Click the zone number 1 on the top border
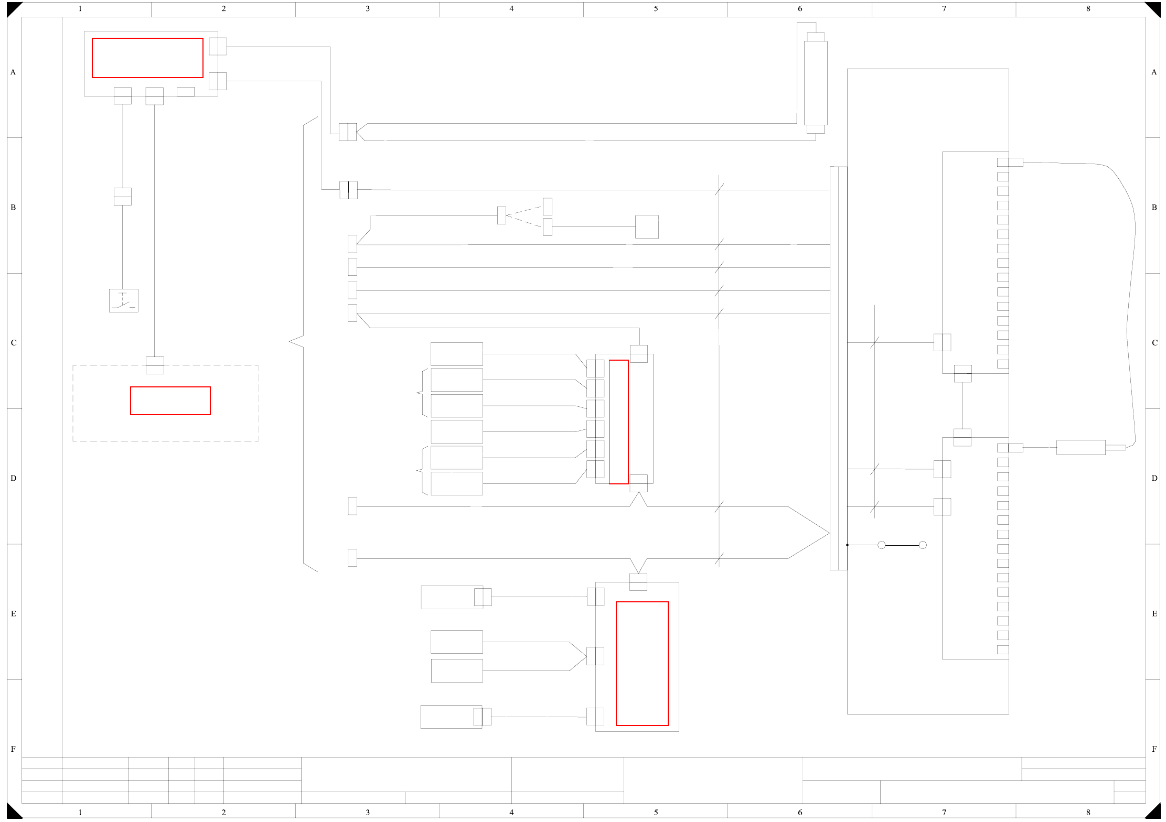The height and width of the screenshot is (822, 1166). pyautogui.click(x=80, y=8)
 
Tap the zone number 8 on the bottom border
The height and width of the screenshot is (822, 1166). pyautogui.click(x=1088, y=812)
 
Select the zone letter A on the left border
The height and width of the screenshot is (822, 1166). pyautogui.click(x=13, y=72)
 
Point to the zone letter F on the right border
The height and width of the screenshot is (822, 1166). pyautogui.click(x=1154, y=749)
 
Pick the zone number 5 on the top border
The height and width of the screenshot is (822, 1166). pyautogui.click(x=656, y=8)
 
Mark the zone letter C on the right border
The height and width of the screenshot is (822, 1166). pyautogui.click(x=1154, y=343)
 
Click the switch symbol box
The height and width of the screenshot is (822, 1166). pyautogui.click(x=124, y=301)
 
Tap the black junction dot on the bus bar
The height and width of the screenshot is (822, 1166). pyautogui.click(x=847, y=545)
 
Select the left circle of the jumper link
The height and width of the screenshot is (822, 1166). pyautogui.click(x=882, y=545)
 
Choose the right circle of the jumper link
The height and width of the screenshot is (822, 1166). pyautogui.click(x=923, y=545)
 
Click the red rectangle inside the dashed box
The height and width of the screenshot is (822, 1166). pyautogui.click(x=170, y=401)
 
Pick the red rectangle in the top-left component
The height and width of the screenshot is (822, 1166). pyautogui.click(x=147, y=58)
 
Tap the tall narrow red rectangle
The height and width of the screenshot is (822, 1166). pyautogui.click(x=618, y=422)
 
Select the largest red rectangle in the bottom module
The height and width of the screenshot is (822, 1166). pyautogui.click(x=642, y=664)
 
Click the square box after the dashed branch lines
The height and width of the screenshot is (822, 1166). pyautogui.click(x=647, y=227)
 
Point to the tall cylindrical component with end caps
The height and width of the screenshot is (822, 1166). pyautogui.click(x=816, y=83)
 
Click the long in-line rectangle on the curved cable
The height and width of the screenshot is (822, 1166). pyautogui.click(x=1081, y=448)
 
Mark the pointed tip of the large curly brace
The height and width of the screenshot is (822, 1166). pyautogui.click(x=290, y=341)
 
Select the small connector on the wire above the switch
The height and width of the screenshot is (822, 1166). pyautogui.click(x=123, y=197)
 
